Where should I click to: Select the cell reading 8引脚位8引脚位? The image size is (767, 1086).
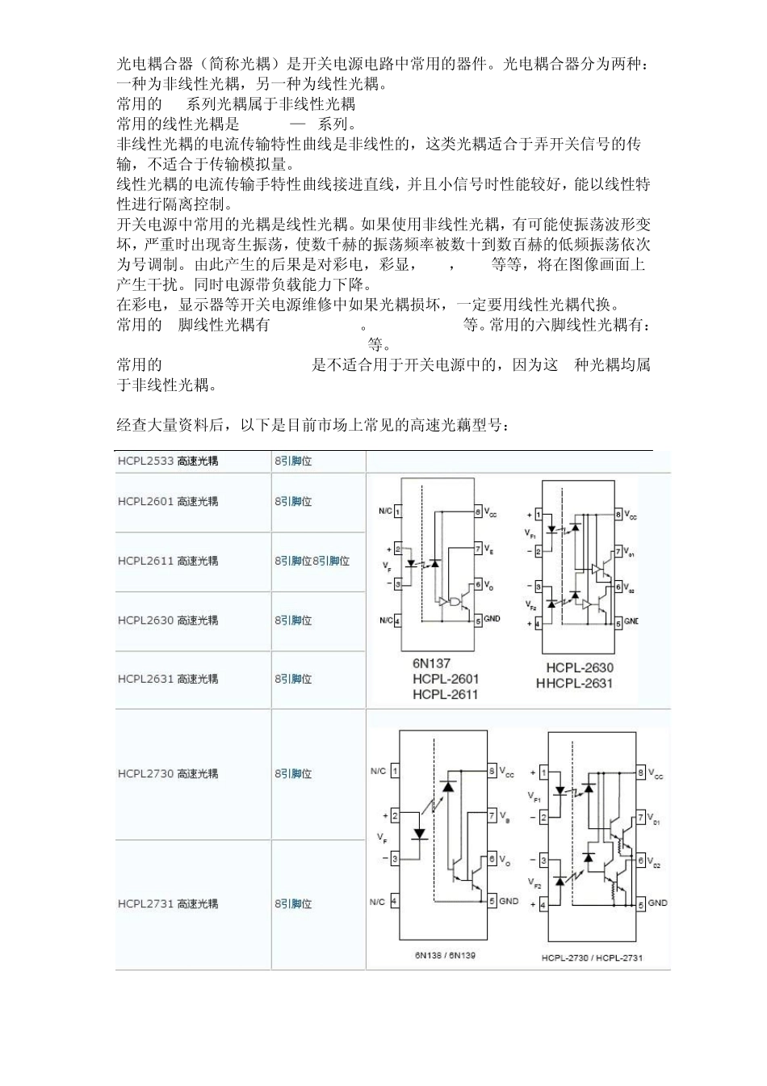click(x=312, y=561)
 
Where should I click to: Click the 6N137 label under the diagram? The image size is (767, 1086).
click(x=431, y=664)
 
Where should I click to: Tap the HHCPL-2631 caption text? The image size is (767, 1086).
click(x=574, y=684)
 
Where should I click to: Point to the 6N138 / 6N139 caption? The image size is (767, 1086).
click(x=445, y=955)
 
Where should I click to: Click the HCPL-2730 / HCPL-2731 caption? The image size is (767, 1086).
click(x=592, y=958)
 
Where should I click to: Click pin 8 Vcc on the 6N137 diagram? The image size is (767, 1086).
click(x=478, y=511)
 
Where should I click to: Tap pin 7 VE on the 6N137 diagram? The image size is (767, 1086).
click(x=478, y=549)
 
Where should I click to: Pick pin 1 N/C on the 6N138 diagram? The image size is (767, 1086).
click(x=394, y=771)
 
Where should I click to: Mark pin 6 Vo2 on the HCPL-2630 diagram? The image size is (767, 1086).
click(x=618, y=587)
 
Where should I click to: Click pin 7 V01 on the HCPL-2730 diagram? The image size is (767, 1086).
click(x=641, y=818)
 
